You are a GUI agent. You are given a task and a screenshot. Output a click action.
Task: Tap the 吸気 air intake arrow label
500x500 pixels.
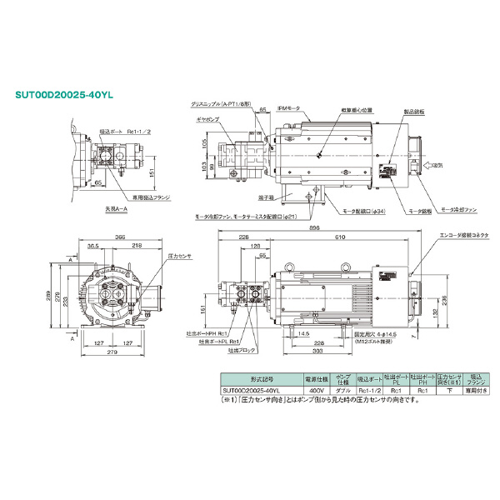click(441, 167)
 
